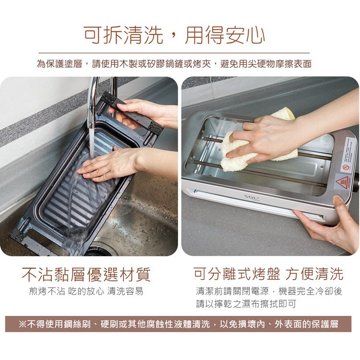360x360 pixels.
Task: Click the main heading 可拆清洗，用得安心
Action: (174, 35)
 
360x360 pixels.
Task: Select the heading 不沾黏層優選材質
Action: (86, 275)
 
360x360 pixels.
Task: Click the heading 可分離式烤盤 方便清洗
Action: (268, 274)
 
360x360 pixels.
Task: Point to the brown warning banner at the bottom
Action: (178, 324)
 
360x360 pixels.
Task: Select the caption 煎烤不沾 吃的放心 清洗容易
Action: (86, 291)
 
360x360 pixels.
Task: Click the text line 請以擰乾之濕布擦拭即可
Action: (246, 304)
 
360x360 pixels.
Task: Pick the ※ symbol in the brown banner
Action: (23, 324)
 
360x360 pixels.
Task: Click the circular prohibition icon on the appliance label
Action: (345, 167)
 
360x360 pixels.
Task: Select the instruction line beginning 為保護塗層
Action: (174, 63)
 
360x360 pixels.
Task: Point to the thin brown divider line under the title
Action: (174, 53)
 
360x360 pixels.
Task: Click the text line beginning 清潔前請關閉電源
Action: (269, 291)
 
